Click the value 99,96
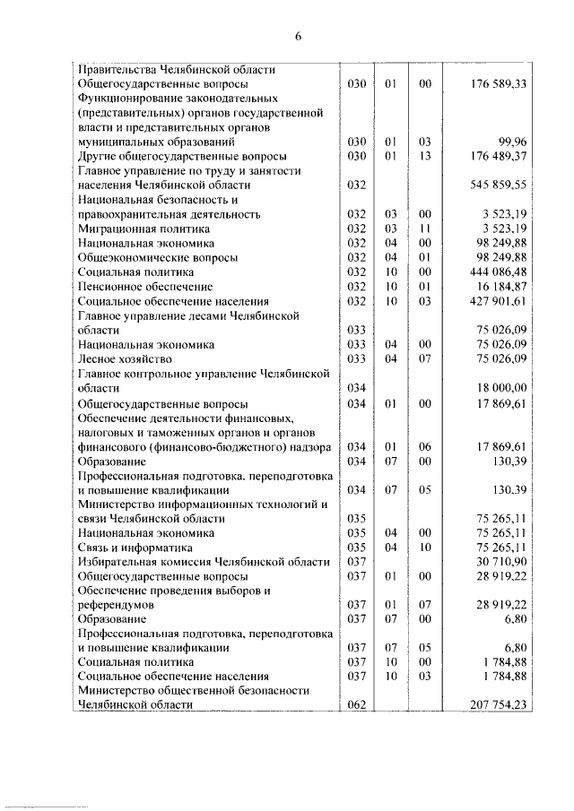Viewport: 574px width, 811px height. tap(510, 142)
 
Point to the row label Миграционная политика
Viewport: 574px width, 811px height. tap(136, 229)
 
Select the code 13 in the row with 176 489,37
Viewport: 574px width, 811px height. tap(425, 156)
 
